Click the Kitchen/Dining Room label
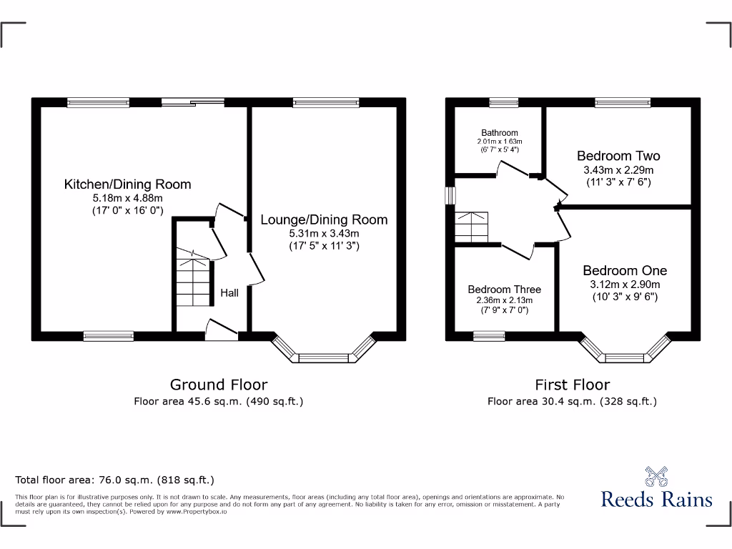(127, 184)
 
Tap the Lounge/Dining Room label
(324, 220)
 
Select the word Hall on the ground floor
(229, 292)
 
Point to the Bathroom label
(499, 133)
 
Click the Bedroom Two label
(618, 156)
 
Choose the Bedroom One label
(624, 270)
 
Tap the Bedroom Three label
(504, 290)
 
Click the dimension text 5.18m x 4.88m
(127, 198)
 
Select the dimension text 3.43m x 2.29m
(618, 170)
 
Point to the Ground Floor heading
(218, 385)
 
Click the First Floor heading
(572, 385)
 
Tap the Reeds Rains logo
(656, 489)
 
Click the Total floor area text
(114, 480)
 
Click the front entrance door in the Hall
(221, 330)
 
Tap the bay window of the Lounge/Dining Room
(324, 355)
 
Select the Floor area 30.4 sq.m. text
(572, 402)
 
